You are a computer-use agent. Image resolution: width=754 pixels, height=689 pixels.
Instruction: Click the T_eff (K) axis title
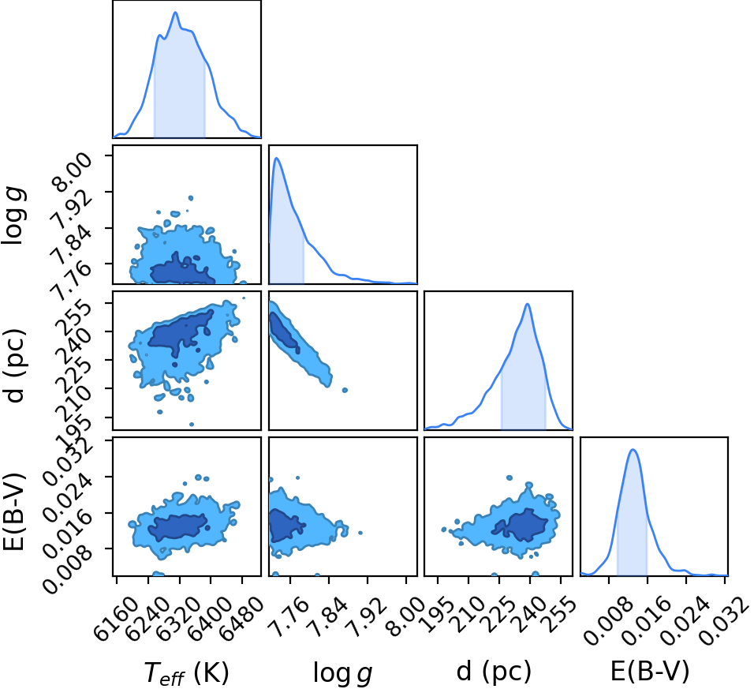187,672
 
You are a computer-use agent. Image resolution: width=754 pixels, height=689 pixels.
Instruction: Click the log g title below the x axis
343,672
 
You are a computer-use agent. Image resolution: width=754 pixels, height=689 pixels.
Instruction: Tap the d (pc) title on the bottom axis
494,670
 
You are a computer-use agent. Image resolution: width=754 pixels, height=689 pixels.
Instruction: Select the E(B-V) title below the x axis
650,670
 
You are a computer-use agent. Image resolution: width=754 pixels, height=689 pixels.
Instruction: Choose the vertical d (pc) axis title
14,365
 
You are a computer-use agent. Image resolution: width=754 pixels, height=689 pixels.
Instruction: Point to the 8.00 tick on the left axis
72,172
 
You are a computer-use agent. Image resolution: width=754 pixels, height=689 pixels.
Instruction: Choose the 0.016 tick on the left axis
67,534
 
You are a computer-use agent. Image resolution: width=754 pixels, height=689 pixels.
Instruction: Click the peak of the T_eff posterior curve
176,13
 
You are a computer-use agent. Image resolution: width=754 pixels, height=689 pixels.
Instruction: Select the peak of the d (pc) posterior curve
528,304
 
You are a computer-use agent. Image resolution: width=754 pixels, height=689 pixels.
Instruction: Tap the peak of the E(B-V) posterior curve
633,450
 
